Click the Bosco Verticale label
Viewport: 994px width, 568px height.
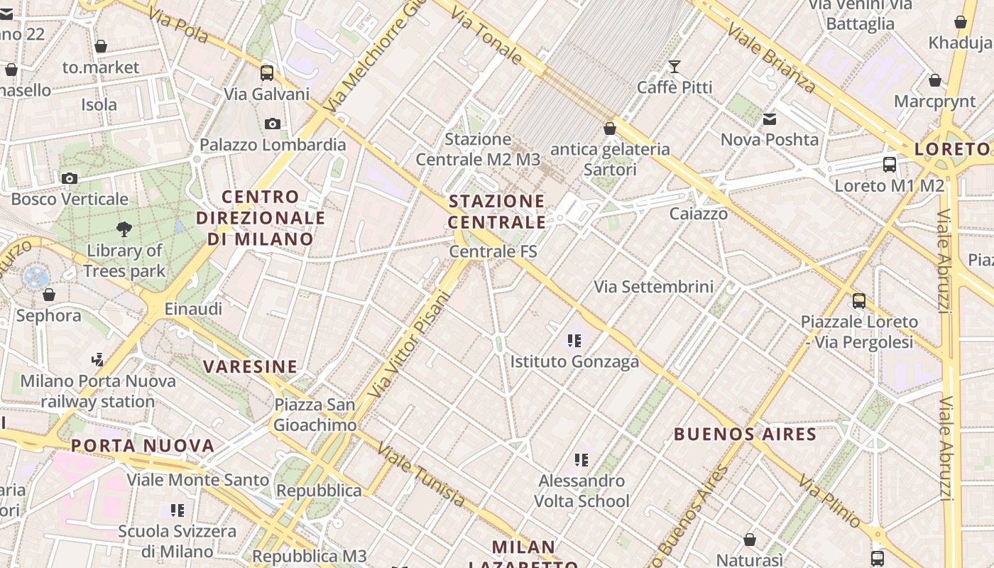pyautogui.click(x=70, y=199)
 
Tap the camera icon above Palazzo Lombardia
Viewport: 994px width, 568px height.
pyautogui.click(x=272, y=124)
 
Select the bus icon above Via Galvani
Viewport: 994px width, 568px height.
pyautogui.click(x=267, y=72)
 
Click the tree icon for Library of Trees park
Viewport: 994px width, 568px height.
pyautogui.click(x=124, y=229)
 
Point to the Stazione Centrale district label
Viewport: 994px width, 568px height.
pyautogui.click(x=497, y=212)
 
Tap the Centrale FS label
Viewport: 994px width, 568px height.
pyautogui.click(x=493, y=251)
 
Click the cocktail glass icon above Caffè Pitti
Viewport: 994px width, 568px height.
pyautogui.click(x=674, y=67)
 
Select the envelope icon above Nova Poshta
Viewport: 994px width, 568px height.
pyautogui.click(x=770, y=119)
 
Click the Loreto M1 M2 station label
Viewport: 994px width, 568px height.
pyautogui.click(x=889, y=186)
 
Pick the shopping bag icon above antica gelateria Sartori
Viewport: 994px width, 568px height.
pyautogui.click(x=610, y=129)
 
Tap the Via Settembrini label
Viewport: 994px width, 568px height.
pyautogui.click(x=653, y=287)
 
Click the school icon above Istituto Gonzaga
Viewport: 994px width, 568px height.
pyautogui.click(x=574, y=341)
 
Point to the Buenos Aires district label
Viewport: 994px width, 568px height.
pyautogui.click(x=745, y=434)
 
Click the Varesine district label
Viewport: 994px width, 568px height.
pyautogui.click(x=250, y=366)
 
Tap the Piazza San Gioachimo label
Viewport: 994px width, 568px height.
pyautogui.click(x=315, y=415)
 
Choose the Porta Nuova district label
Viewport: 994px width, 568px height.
pyautogui.click(x=143, y=446)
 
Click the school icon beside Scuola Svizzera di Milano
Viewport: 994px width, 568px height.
pyautogui.click(x=177, y=510)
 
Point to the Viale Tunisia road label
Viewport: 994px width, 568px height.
pyautogui.click(x=421, y=475)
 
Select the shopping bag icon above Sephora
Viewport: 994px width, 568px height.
pyautogui.click(x=49, y=294)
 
